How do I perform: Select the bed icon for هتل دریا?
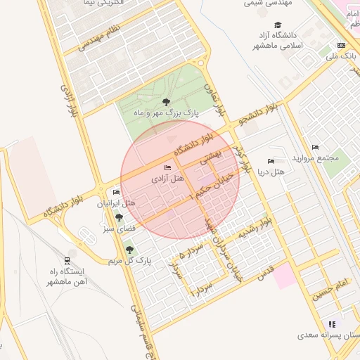pyautogui.click(x=271, y=161)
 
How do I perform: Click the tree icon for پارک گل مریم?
pyautogui.click(x=129, y=249)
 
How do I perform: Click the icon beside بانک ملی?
pyautogui.click(x=341, y=45)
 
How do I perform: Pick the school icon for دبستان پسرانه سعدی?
pyautogui.click(x=333, y=324)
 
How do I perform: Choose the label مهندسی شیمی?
pyautogui.click(x=268, y=4)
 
